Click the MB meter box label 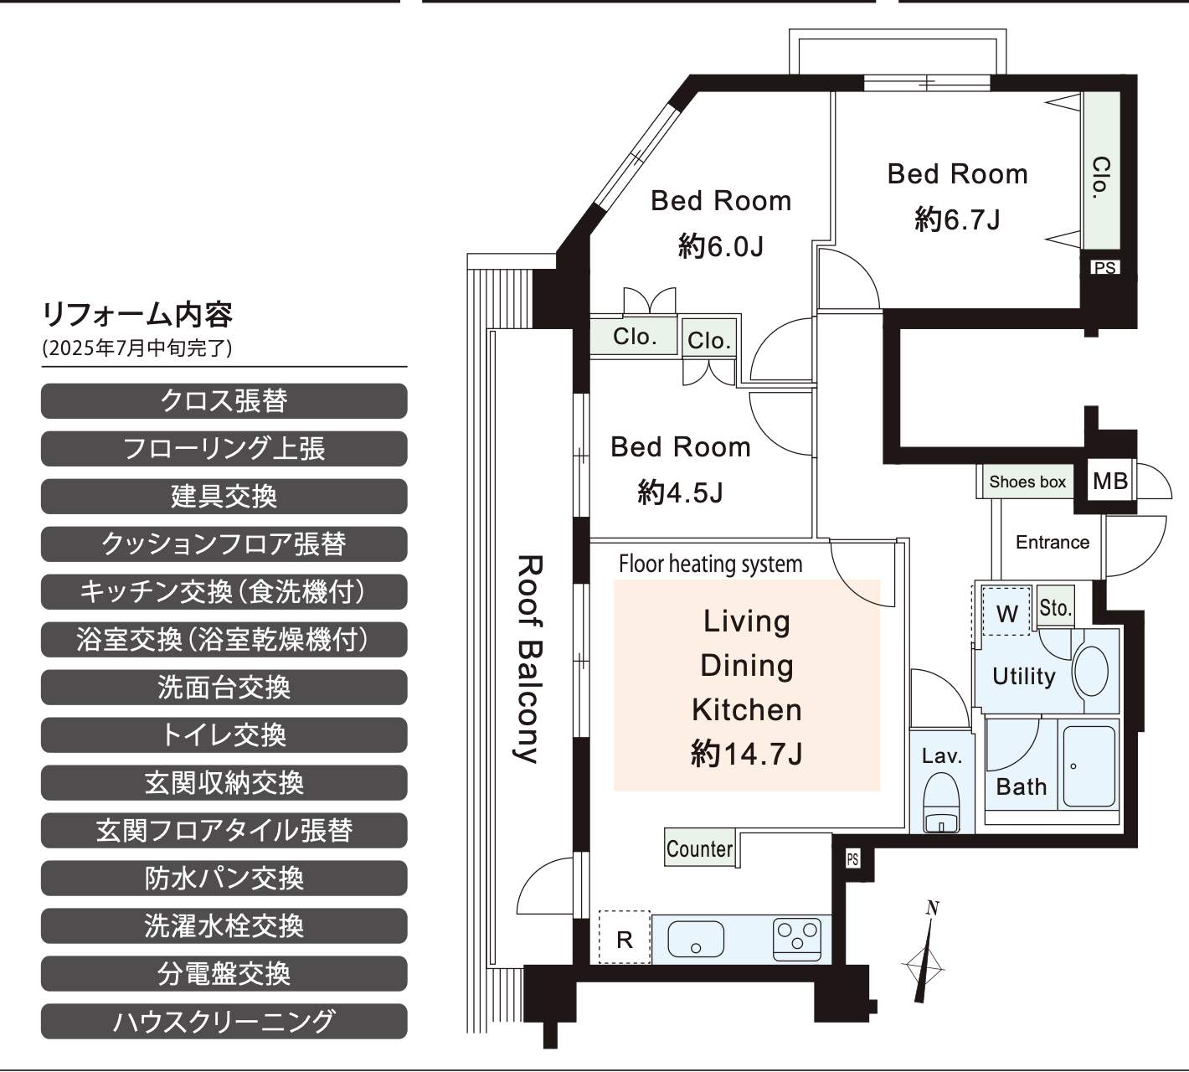pos(1110,481)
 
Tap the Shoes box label pos(1027,482)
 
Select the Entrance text pos(1052,542)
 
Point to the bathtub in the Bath pos(1089,766)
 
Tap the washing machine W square pos(1006,611)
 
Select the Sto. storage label pos(1055,608)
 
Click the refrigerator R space pos(624,939)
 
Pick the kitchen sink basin pos(696,939)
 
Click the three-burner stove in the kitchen pos(797,939)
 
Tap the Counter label pos(699,848)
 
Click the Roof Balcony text pos(528,659)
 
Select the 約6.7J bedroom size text pos(957,219)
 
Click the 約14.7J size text pos(747,754)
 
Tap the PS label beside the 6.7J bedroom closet pos(1104,267)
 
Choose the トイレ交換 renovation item pos(224,735)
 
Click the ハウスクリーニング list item pos(224,1022)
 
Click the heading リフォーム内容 pos(137,315)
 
